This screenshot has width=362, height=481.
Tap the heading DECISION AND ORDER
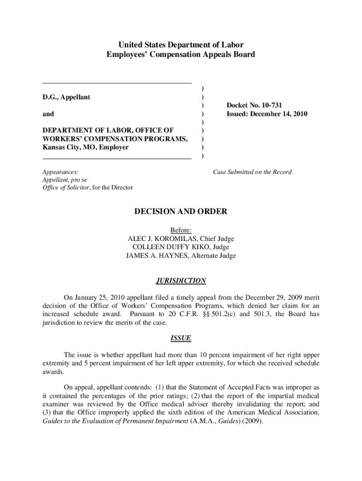(x=181, y=212)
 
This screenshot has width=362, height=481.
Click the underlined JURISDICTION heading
(x=181, y=281)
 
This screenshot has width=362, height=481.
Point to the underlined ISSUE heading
(x=181, y=338)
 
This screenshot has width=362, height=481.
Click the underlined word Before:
(x=181, y=231)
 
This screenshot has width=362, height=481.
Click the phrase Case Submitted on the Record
(x=252, y=172)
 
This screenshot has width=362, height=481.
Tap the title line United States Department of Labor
(x=181, y=45)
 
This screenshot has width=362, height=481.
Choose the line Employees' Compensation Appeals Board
(x=181, y=54)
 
